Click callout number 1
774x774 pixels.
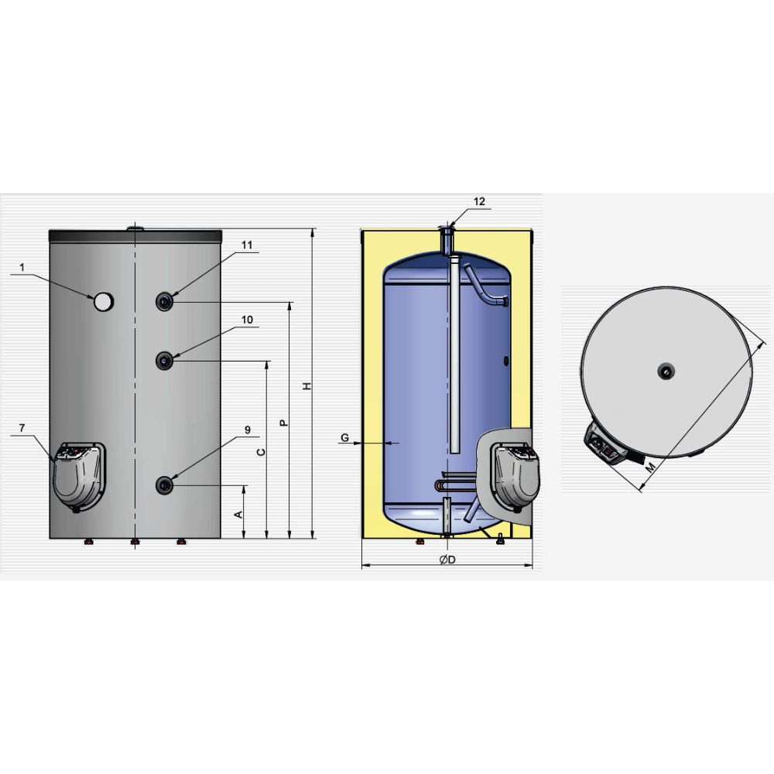tap(22, 267)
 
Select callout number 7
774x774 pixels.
tap(22, 428)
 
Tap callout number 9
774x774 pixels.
tap(248, 430)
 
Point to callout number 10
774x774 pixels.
tap(247, 320)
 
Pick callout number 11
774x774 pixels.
tap(247, 245)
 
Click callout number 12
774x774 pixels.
tap(479, 201)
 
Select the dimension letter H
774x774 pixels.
tap(307, 386)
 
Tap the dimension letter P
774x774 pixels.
tap(284, 423)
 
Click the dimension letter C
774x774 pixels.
tap(262, 452)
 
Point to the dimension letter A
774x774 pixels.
tap(238, 515)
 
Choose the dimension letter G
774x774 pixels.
tap(345, 437)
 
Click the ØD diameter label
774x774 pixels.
tap(447, 560)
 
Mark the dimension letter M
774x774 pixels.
tap(652, 467)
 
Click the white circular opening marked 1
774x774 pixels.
tap(104, 302)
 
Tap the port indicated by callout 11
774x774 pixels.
tap(164, 301)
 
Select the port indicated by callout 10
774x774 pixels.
tap(164, 361)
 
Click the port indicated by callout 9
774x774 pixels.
tap(164, 485)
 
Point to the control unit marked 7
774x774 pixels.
tap(78, 477)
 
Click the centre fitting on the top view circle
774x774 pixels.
tap(666, 372)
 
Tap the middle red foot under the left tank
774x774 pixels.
tap(135, 542)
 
